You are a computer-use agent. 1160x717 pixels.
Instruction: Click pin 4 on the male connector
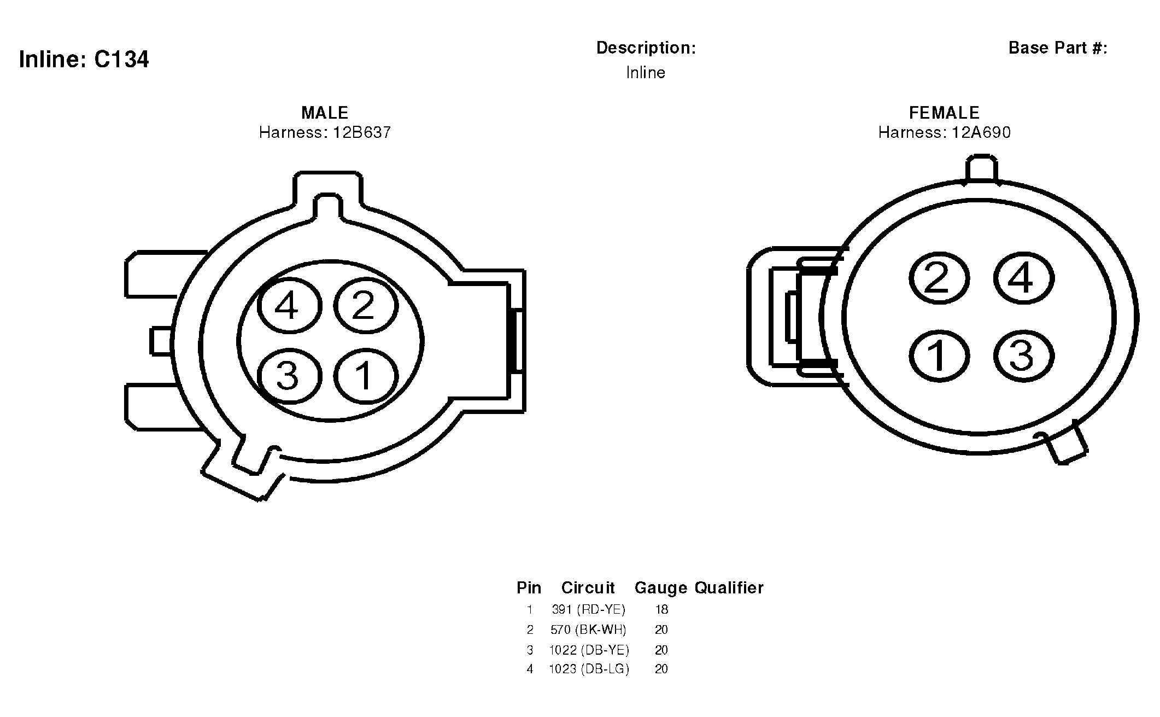click(289, 305)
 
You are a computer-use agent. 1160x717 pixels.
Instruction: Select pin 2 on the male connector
click(365, 305)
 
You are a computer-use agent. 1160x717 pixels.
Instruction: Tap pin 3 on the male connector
click(289, 376)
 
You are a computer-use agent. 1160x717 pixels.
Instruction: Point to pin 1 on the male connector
click(365, 376)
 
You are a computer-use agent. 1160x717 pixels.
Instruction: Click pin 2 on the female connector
click(939, 278)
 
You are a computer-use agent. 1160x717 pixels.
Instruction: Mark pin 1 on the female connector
click(939, 355)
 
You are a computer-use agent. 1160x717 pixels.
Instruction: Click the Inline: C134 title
click(84, 59)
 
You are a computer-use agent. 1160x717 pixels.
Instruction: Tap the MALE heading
click(325, 113)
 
